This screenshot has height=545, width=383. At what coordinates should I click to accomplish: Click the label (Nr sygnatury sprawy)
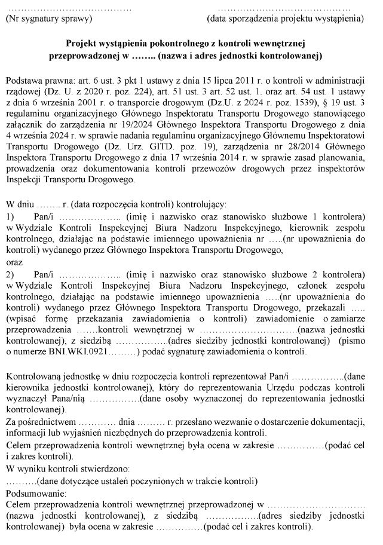coord(48,19)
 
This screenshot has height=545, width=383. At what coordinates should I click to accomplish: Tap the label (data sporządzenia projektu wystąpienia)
coord(285,19)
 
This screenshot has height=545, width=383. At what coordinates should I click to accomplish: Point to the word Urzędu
coord(282,387)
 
